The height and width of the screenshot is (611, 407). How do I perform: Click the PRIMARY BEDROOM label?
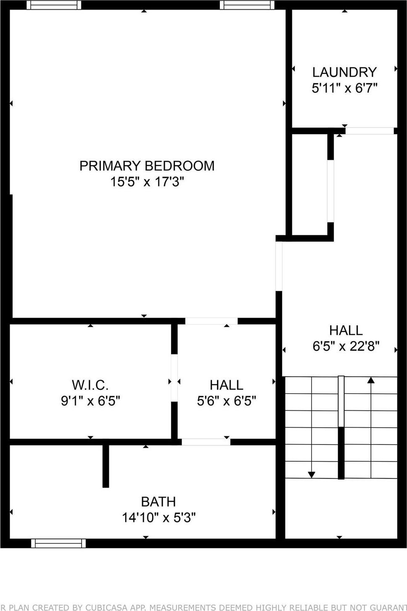[x=147, y=166]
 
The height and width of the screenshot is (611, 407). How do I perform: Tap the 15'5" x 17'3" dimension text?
[x=147, y=182]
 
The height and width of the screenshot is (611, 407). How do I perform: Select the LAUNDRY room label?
[x=344, y=72]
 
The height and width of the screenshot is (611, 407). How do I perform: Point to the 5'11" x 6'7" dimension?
[x=344, y=88]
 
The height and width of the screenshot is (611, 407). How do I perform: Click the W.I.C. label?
[x=90, y=385]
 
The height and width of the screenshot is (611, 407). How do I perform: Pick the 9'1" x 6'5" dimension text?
[x=90, y=401]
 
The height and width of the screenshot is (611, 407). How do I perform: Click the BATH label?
[x=158, y=502]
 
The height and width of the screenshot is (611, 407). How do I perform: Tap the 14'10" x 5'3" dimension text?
[x=158, y=517]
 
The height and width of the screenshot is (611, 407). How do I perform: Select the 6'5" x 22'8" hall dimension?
[x=346, y=346]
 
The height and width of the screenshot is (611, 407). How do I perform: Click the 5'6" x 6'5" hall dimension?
[x=226, y=401]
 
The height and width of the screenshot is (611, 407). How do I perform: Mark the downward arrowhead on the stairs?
[x=311, y=475]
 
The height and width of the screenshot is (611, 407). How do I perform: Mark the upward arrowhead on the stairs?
[x=370, y=381]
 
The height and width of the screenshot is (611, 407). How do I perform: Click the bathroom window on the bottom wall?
[x=58, y=543]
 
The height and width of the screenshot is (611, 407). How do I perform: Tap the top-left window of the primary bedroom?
[x=54, y=5]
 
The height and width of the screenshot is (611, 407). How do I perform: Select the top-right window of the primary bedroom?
[x=247, y=5]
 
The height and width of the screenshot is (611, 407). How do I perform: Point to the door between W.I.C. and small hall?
[x=174, y=378]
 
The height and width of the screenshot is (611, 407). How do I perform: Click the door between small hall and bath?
[x=206, y=442]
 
